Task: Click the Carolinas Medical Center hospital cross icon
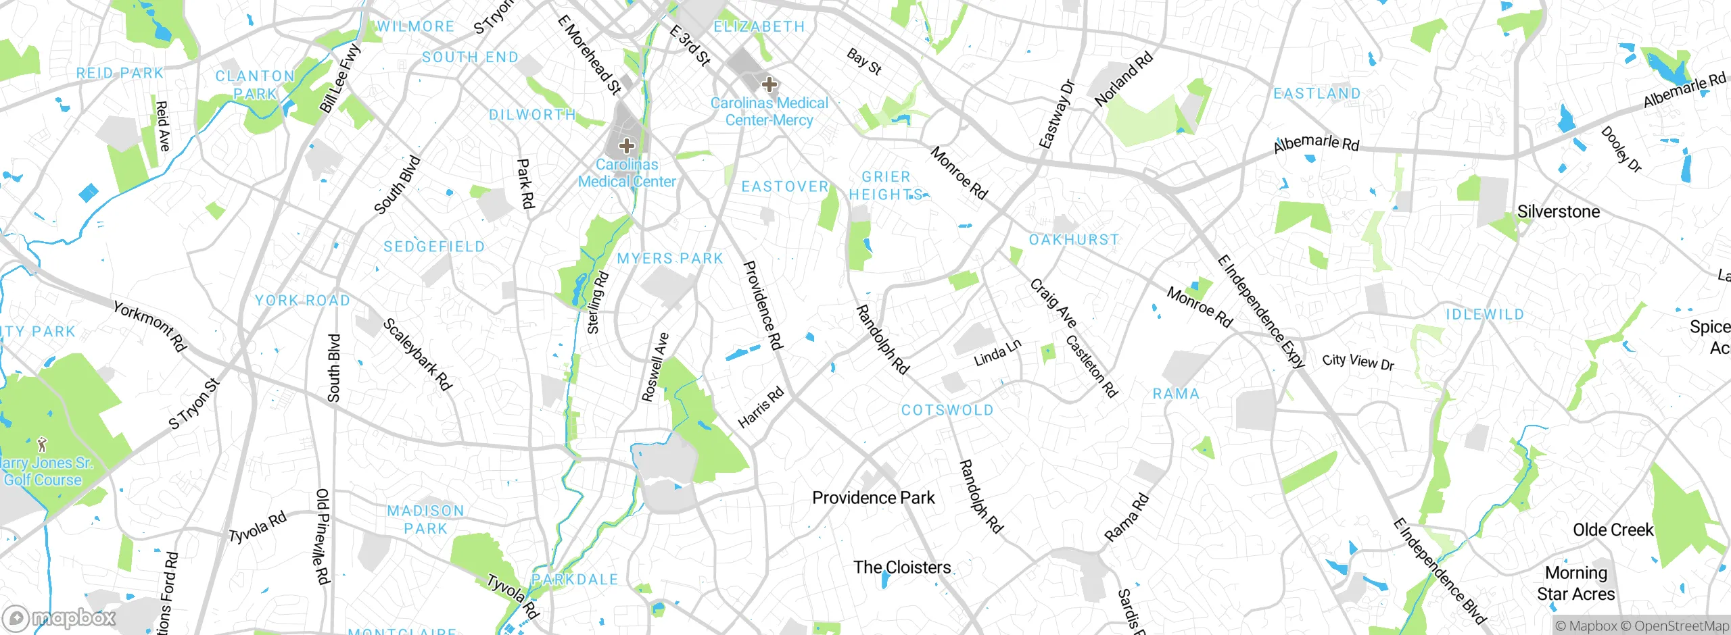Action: click(x=627, y=145)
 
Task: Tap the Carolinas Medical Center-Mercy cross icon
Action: click(x=769, y=84)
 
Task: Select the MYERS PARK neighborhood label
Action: click(x=670, y=259)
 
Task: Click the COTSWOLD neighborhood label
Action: click(x=947, y=410)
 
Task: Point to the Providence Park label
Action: click(x=873, y=498)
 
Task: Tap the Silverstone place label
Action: click(x=1559, y=211)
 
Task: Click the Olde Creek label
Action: click(x=1613, y=530)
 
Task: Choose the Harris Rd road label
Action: click(x=761, y=407)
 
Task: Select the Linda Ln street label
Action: click(x=997, y=353)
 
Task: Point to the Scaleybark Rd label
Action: click(x=417, y=355)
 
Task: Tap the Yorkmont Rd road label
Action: click(x=149, y=326)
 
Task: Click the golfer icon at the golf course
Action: click(x=43, y=444)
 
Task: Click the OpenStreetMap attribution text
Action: click(x=1681, y=626)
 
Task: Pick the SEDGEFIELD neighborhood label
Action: click(x=434, y=247)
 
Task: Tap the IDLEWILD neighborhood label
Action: click(x=1485, y=314)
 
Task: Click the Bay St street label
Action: click(x=864, y=61)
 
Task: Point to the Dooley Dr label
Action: click(x=1621, y=149)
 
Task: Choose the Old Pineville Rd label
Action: click(x=323, y=536)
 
